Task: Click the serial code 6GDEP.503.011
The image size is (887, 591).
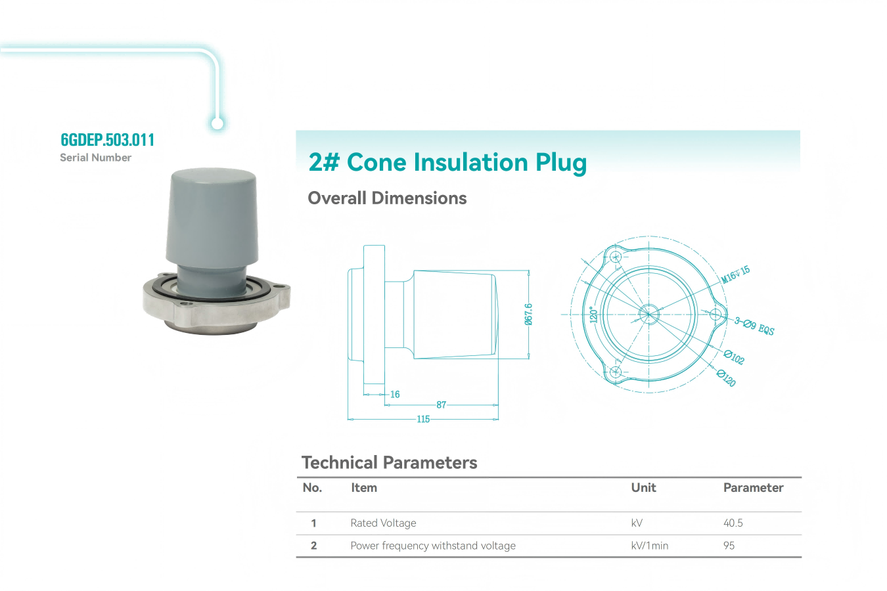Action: point(107,140)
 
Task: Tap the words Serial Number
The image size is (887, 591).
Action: point(95,158)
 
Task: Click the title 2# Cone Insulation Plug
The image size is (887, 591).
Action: point(447,162)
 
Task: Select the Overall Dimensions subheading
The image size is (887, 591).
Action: point(387,198)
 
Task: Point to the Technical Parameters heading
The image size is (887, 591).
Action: point(389,462)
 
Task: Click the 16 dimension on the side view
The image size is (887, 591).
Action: point(395,394)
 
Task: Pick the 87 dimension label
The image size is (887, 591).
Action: point(441,405)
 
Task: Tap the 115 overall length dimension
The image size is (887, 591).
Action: point(423,419)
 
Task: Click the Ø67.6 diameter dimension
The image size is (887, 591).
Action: point(529,315)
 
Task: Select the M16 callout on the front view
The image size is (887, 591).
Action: point(735,274)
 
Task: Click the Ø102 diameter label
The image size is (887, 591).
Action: point(734,357)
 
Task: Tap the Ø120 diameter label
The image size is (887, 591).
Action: point(726,378)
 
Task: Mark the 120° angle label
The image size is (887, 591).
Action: point(593,315)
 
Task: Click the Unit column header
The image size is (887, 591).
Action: point(643,488)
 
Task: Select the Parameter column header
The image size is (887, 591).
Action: point(753,488)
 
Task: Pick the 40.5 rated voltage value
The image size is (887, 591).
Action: point(733,523)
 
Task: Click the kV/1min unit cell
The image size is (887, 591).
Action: point(649,546)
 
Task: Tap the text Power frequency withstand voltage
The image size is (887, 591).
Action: point(433,546)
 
